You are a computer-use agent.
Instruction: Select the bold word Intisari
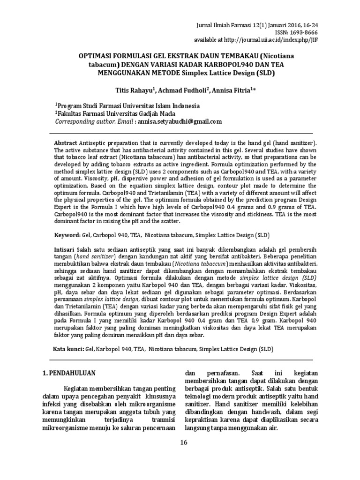(66, 251)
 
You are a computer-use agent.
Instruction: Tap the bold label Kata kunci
(67, 349)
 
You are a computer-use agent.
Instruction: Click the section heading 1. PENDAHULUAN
(73, 373)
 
